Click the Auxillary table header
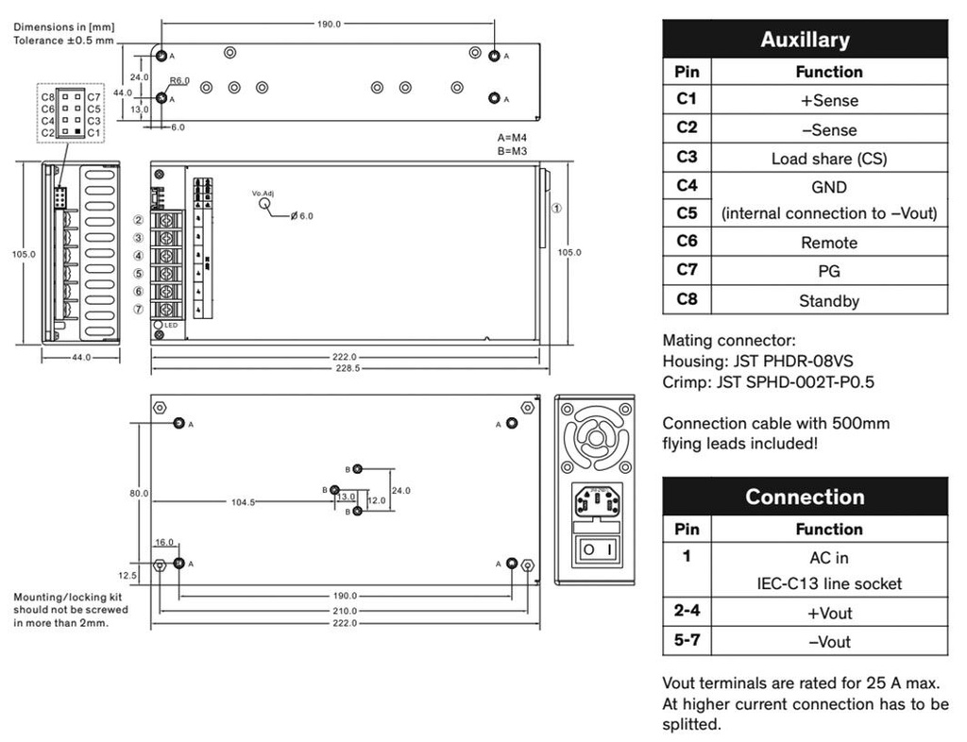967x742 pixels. point(805,40)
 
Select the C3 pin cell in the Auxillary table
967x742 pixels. point(687,157)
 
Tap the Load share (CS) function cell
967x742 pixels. point(828,159)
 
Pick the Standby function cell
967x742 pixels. point(828,301)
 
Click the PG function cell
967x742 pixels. point(828,272)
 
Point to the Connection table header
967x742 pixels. point(805,497)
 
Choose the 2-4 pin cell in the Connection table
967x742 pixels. point(687,612)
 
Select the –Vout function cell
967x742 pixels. point(828,642)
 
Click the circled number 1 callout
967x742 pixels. point(557,209)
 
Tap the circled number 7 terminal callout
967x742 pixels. point(138,310)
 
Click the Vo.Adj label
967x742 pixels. point(263,193)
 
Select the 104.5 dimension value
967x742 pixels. point(243,502)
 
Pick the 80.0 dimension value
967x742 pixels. point(139,493)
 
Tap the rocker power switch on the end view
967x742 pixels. point(597,548)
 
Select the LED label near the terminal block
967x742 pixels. point(171,326)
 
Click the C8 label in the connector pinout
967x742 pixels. point(47,96)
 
